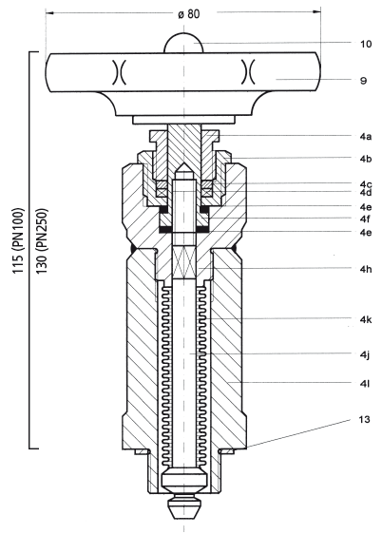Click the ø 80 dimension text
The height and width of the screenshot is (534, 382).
[x=189, y=14]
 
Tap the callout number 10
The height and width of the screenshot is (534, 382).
[x=366, y=44]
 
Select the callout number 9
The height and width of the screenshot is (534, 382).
[x=363, y=81]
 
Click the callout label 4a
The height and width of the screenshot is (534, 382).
[x=366, y=137]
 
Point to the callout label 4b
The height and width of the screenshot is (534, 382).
[x=366, y=159]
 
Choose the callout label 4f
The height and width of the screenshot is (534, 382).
[x=365, y=219]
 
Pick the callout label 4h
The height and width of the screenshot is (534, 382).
[x=366, y=269]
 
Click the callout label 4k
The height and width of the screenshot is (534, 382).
[x=366, y=319]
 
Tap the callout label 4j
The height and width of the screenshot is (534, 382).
[x=365, y=354]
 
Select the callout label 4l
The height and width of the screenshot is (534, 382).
[x=365, y=384]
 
